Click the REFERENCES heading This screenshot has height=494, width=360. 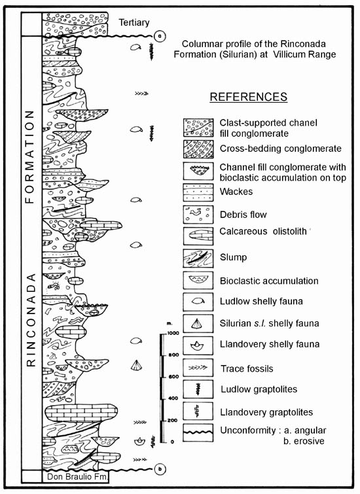click(x=249, y=96)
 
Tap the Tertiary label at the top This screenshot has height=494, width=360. click(x=134, y=23)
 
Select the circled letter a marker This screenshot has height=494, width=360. click(x=160, y=36)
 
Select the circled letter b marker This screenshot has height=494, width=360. click(x=160, y=469)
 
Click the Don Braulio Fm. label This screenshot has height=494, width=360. click(x=77, y=476)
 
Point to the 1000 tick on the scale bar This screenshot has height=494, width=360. click(x=173, y=333)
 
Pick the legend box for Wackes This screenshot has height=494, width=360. click(x=198, y=192)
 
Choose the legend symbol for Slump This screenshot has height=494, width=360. click(x=198, y=258)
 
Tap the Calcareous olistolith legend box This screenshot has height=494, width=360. click(x=198, y=236)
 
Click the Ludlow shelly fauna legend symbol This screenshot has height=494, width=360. click(x=198, y=302)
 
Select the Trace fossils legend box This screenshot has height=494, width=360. click(x=198, y=367)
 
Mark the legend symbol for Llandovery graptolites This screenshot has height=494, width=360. click(x=198, y=411)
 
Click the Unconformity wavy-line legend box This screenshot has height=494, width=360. click(x=198, y=432)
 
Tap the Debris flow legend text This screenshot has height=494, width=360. click(x=243, y=215)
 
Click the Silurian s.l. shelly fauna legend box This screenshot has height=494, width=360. click(x=198, y=324)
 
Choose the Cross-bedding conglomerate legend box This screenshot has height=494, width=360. click(x=198, y=149)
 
